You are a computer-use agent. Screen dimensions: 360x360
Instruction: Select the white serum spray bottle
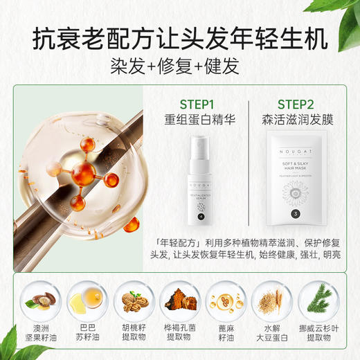point(201,180)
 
